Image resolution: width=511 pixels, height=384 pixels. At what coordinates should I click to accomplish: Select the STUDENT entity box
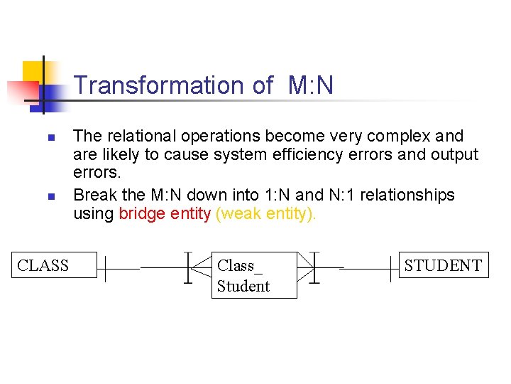pos(444,265)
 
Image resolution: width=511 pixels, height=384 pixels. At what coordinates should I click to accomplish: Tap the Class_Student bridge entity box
pos(254,275)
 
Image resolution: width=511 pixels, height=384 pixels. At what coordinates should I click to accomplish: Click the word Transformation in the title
pos(159,85)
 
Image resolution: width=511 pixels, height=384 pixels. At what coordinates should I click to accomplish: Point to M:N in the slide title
pos(311,85)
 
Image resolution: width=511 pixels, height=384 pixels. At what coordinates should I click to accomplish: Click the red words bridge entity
pos(165,214)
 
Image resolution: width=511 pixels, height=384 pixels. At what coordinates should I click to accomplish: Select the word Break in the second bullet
pos(94,195)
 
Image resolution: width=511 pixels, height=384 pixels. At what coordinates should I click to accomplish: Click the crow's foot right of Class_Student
pos(306,267)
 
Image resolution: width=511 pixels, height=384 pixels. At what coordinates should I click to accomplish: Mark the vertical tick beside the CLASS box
pos(106,268)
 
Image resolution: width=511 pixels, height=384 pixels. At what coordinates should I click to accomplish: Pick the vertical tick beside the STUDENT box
pos(390,268)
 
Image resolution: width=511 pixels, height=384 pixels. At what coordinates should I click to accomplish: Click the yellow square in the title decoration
pos(33,71)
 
